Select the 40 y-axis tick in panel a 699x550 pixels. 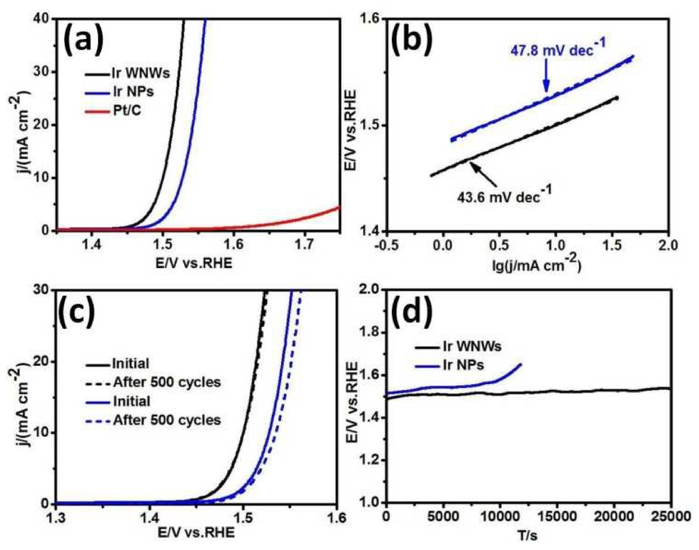[x=43, y=19]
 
